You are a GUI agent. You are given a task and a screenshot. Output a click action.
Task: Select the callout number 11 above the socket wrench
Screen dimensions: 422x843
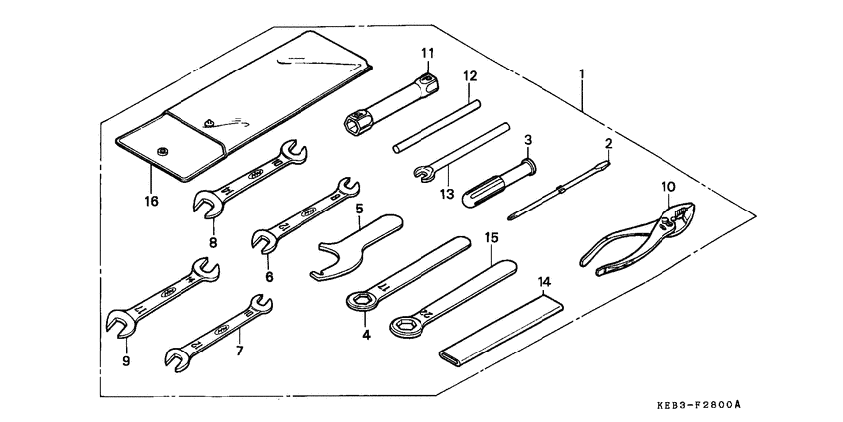[427, 52]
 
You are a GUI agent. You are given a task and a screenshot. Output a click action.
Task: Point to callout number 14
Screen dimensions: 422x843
[544, 283]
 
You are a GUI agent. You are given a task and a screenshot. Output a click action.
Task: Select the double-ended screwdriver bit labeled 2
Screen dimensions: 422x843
[560, 189]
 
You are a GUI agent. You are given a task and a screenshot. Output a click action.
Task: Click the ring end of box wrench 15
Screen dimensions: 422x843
[406, 322]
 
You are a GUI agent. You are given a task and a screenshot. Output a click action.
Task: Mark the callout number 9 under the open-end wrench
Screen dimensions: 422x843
[126, 360]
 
